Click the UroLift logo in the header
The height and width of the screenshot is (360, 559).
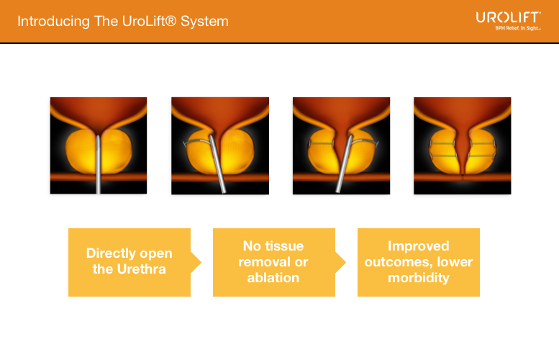point(508,17)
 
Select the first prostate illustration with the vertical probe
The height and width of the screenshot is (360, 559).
point(99,145)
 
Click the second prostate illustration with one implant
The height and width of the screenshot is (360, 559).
point(220,145)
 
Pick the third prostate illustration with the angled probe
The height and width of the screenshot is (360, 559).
point(341,145)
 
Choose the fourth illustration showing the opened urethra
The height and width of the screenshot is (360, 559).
point(463,145)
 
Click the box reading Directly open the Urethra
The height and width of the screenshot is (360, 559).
point(129,262)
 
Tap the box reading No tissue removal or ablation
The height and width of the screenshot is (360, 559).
point(274,262)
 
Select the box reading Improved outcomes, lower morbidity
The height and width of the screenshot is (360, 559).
point(419,262)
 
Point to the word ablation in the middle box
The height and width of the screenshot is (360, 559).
point(273,278)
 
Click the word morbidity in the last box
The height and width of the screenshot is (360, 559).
point(419,278)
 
